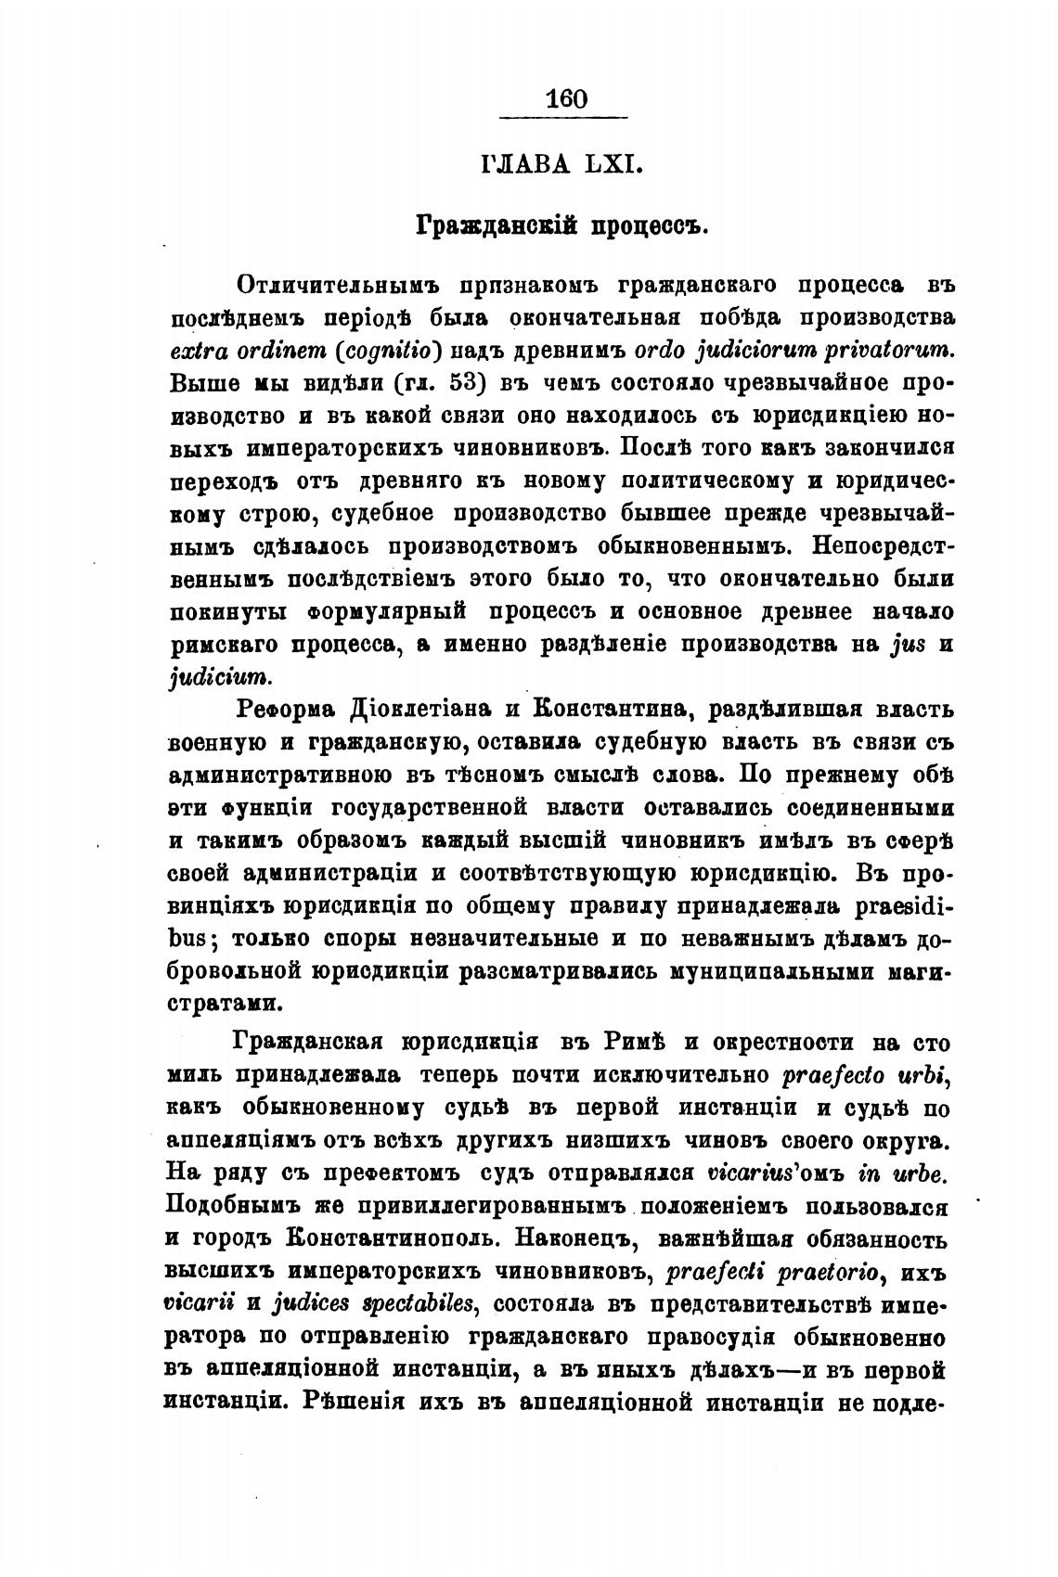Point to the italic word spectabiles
pyautogui.click(x=421, y=1304)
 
